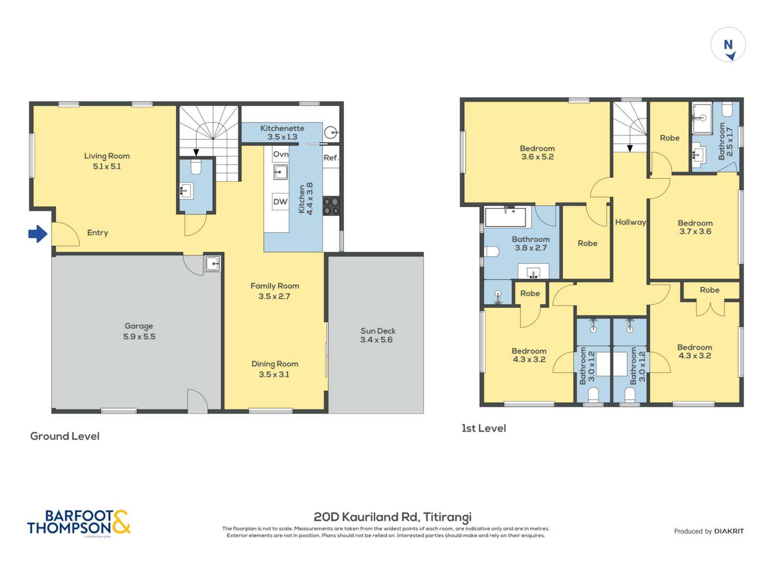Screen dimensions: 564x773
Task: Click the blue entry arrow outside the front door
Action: (x=38, y=234)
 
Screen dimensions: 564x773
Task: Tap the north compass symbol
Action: (x=728, y=45)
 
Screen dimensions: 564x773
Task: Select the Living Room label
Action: (x=107, y=156)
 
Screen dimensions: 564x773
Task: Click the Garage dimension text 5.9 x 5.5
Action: (x=139, y=337)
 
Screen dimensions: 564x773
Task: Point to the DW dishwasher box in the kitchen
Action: (x=280, y=202)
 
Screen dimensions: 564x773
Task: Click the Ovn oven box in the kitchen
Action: (x=280, y=154)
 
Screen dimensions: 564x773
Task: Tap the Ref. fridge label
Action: (x=331, y=158)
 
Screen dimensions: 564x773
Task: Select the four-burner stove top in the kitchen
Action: (x=331, y=205)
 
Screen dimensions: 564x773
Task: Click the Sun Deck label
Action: (x=378, y=331)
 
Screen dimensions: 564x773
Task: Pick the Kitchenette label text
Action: (x=282, y=128)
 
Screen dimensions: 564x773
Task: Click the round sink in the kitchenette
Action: (x=330, y=132)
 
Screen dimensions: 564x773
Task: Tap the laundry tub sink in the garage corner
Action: (x=212, y=264)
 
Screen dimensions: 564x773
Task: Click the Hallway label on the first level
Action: (x=630, y=222)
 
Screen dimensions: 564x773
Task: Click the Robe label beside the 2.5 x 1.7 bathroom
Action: (x=670, y=138)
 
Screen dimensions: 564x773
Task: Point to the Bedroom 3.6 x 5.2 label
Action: (x=537, y=148)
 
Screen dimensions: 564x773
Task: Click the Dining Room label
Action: (x=274, y=364)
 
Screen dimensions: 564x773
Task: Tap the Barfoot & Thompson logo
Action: (x=79, y=523)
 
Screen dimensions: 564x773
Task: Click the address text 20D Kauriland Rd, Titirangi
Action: (x=392, y=517)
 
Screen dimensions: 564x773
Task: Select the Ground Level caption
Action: (x=65, y=436)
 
